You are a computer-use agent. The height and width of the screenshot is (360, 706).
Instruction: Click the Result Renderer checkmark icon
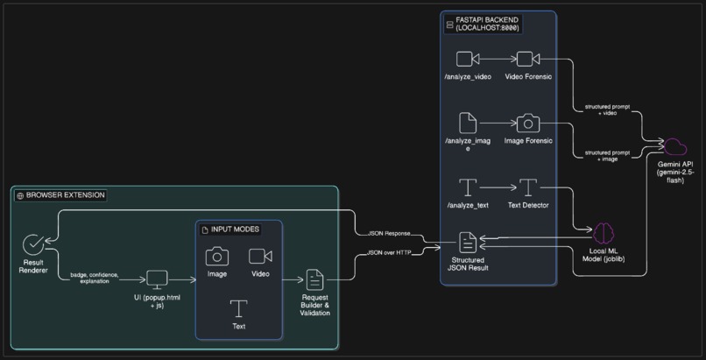[33, 244]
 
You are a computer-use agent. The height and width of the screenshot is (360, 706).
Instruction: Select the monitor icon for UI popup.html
[157, 279]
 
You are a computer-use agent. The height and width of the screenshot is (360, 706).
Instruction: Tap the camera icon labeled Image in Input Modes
[217, 256]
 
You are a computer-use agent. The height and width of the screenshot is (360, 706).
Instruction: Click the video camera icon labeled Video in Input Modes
[260, 256]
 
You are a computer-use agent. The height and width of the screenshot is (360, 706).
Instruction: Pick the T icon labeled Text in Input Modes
[238, 308]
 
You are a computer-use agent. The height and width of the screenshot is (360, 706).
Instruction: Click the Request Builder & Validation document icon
[314, 279]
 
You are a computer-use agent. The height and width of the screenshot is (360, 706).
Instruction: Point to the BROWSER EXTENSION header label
[60, 195]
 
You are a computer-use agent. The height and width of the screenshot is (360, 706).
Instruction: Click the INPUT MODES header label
[237, 229]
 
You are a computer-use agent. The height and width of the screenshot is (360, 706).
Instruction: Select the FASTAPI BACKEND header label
[487, 24]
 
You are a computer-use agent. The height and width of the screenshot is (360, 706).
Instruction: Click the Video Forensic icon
[527, 59]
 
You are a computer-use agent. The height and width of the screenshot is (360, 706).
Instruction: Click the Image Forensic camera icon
[527, 123]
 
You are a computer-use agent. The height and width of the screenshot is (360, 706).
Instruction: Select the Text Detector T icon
[527, 187]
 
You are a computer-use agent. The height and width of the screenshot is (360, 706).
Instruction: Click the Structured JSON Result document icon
[468, 243]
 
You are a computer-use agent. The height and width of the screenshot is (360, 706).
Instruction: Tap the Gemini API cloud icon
[675, 146]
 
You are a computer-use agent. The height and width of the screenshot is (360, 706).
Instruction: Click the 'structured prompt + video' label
[607, 109]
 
